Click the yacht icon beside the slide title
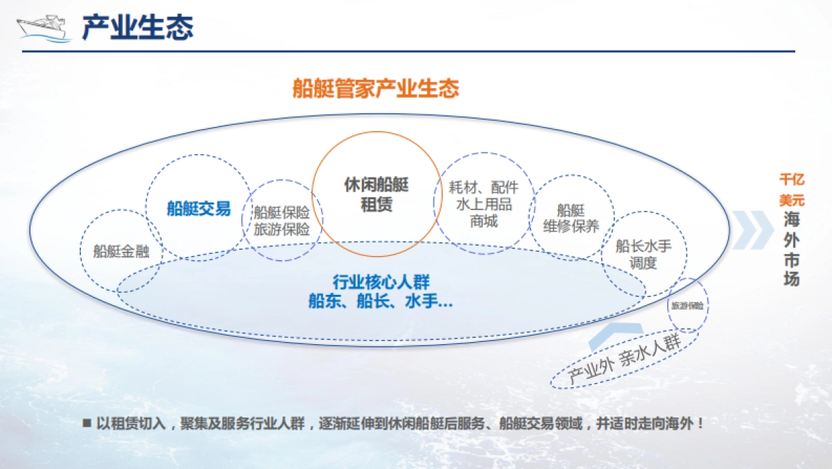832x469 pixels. pyautogui.click(x=43, y=28)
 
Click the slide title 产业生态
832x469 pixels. pyautogui.click(x=137, y=27)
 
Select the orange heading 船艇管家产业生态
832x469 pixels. pyautogui.click(x=376, y=89)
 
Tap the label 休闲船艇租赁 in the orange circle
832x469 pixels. pyautogui.click(x=376, y=195)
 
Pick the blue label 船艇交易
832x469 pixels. pyautogui.click(x=198, y=209)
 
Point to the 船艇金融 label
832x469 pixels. pyautogui.click(x=121, y=251)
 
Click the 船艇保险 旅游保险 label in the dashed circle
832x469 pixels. pyautogui.click(x=281, y=221)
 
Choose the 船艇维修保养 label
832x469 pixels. pyautogui.click(x=571, y=218)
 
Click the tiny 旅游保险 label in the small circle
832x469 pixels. pyautogui.click(x=687, y=305)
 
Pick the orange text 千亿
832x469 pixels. pyautogui.click(x=791, y=180)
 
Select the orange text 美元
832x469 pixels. pyautogui.click(x=791, y=200)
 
